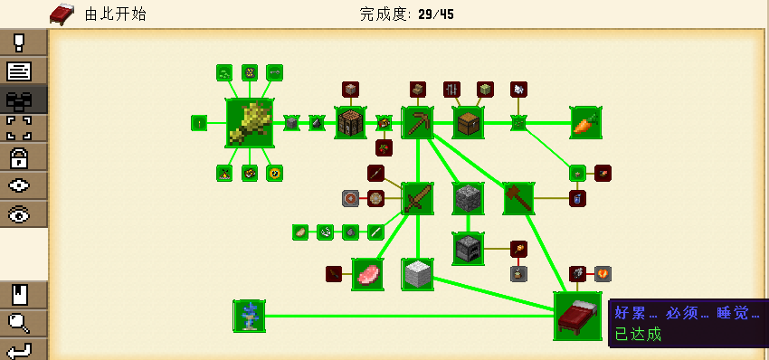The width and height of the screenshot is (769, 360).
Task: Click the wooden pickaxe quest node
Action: tap(418, 122)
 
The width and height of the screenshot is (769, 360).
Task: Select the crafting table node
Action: tap(351, 122)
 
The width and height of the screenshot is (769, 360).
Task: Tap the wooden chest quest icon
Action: tap(468, 122)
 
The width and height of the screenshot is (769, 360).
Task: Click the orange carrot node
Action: tap(584, 122)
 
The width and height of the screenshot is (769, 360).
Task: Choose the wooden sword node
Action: tap(418, 197)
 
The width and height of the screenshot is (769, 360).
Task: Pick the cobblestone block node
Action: tap(468, 197)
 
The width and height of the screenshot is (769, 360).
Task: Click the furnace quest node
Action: tap(468, 246)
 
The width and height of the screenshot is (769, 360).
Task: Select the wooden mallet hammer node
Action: tap(519, 197)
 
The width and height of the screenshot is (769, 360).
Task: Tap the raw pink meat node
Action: tap(367, 273)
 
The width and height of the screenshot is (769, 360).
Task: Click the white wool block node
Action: tap(418, 273)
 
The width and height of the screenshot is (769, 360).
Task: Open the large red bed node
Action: tap(577, 316)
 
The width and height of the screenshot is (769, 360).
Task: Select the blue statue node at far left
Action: tap(249, 316)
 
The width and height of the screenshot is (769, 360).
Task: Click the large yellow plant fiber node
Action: tap(250, 122)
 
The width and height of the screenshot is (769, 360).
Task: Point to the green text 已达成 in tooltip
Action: tap(638, 334)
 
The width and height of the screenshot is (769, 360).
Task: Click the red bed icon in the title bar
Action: tap(62, 14)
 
